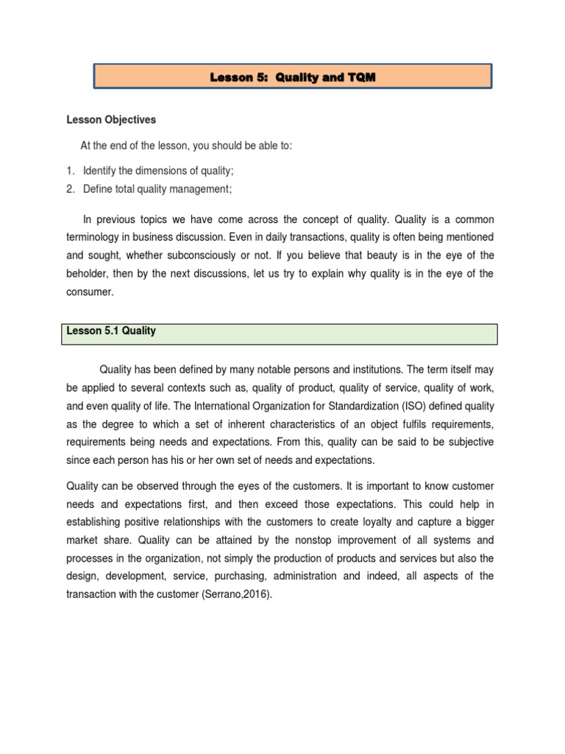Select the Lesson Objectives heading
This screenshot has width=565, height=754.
(x=111, y=119)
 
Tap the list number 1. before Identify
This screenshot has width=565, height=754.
(x=71, y=171)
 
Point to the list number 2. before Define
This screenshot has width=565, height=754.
(x=71, y=189)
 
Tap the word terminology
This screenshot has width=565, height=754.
(x=97, y=237)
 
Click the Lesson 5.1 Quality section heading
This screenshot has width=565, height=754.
(x=111, y=331)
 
